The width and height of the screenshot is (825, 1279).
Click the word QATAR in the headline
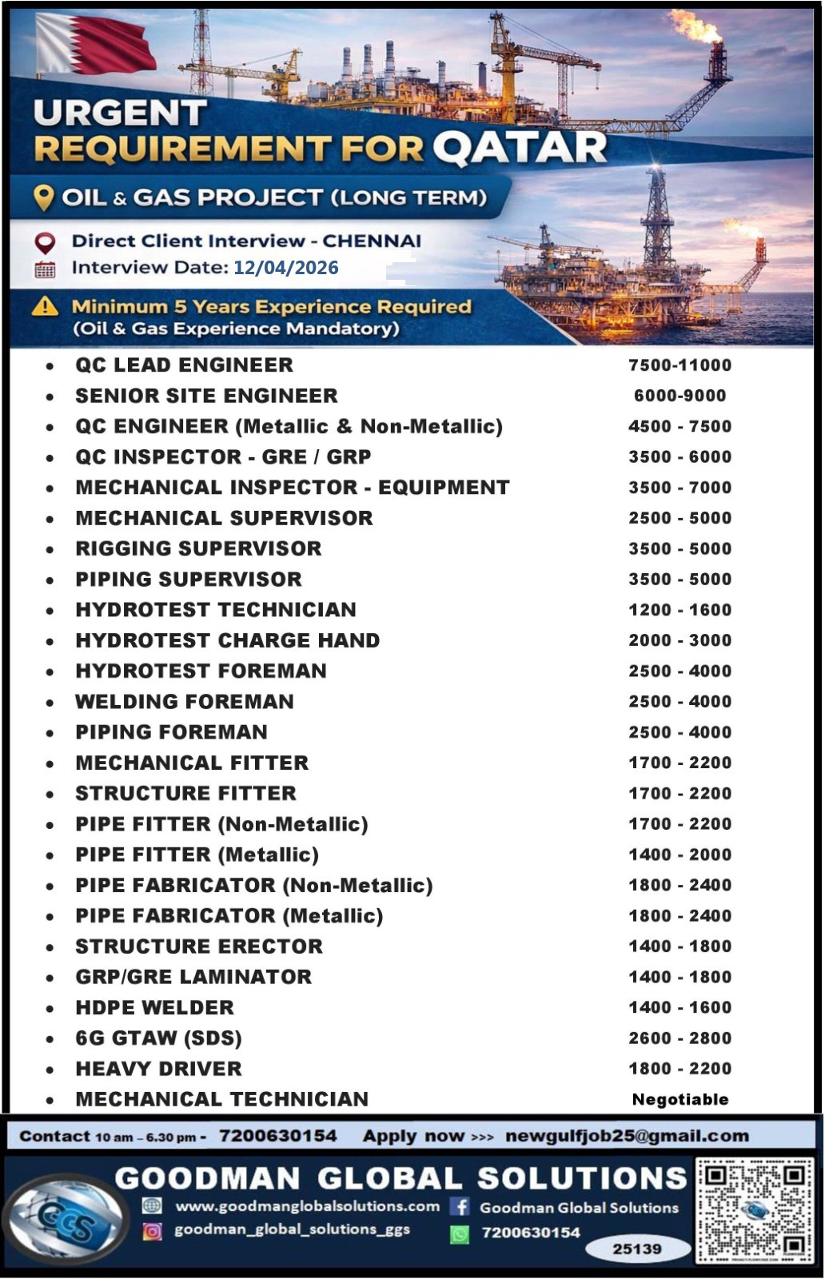point(520,148)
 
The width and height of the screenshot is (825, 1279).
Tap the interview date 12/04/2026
point(285,268)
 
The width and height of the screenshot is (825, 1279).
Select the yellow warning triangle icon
point(45,306)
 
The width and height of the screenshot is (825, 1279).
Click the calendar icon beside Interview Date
point(45,269)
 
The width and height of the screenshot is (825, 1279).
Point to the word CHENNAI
point(372,241)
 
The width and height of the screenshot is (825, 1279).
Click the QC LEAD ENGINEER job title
point(184,365)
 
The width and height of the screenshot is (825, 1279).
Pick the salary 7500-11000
point(680,365)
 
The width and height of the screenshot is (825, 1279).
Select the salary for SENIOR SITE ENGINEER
point(680,396)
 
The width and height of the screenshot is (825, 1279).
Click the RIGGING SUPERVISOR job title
point(198,548)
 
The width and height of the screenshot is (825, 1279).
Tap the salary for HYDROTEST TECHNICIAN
point(680,610)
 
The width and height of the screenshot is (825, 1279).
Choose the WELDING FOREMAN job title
point(185,702)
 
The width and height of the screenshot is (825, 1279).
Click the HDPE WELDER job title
point(155,1008)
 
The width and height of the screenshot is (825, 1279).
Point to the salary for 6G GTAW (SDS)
point(680,1038)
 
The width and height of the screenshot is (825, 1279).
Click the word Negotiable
point(680,1100)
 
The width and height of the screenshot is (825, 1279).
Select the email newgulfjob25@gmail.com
point(627,1136)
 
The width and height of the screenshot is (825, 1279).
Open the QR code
point(754,1209)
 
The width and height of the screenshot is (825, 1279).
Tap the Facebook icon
point(460,1207)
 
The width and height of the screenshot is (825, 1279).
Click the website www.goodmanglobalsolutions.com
point(307,1206)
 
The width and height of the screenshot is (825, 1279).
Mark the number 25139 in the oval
point(637,1249)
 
